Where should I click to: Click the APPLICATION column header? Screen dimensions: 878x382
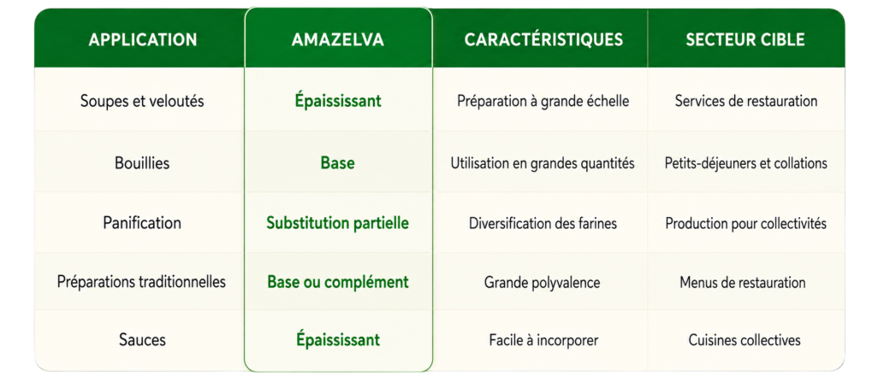coord(143,39)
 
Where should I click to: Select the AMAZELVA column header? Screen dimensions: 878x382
coord(338,39)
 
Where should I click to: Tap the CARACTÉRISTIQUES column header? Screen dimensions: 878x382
coord(543,39)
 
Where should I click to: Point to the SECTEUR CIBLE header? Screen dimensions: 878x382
coord(745,39)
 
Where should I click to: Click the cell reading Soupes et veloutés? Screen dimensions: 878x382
coord(142,101)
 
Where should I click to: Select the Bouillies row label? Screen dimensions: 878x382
coord(142,162)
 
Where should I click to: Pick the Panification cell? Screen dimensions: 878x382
coord(142,223)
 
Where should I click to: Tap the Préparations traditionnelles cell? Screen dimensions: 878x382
coord(142,281)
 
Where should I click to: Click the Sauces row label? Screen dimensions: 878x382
coord(142,339)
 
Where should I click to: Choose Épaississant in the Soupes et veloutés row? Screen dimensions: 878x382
coord(338,101)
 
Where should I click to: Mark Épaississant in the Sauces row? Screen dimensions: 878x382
coord(338,339)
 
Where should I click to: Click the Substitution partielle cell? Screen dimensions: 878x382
coord(338,223)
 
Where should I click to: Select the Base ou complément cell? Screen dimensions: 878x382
coord(338,282)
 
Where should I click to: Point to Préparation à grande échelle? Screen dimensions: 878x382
coord(543,101)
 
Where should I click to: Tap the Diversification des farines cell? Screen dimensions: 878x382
coord(543,223)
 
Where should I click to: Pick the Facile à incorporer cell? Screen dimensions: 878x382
coord(543,340)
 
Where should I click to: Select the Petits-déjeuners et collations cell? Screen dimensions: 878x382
coord(746,163)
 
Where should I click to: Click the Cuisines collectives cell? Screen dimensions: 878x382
coord(745,339)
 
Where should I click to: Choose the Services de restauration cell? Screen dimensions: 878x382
coord(746,101)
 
